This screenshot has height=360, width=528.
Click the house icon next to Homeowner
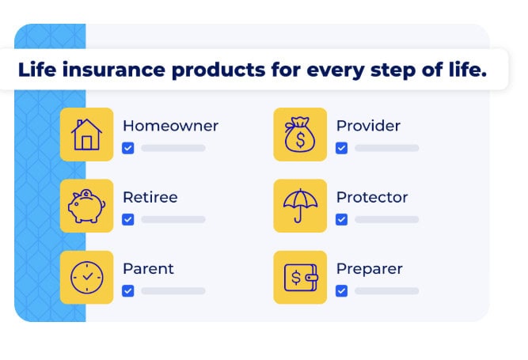click(x=86, y=135)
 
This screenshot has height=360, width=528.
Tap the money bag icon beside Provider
click(x=300, y=135)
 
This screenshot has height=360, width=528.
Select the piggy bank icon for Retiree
click(x=86, y=206)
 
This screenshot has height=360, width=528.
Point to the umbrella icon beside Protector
click(x=300, y=206)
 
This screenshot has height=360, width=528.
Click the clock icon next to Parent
click(x=87, y=277)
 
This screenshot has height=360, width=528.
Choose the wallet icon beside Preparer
click(x=301, y=278)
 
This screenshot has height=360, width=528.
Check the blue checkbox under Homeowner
click(x=128, y=148)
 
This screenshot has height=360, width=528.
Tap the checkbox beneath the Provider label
click(x=341, y=148)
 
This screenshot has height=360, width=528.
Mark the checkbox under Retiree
click(x=128, y=219)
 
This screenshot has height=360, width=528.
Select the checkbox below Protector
click(x=341, y=219)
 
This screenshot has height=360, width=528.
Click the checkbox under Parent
click(x=128, y=290)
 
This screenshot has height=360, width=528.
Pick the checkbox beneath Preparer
click(x=341, y=290)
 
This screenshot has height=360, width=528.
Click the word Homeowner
click(x=170, y=126)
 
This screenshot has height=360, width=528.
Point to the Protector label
click(x=372, y=197)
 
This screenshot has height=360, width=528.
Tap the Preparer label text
click(x=370, y=269)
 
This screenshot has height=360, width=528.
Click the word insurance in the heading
click(x=114, y=70)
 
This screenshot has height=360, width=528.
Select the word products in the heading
click(x=218, y=70)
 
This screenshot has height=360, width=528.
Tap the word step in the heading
click(x=393, y=70)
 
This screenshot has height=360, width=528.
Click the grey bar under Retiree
click(x=173, y=219)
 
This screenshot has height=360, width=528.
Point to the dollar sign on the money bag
click(x=300, y=139)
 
